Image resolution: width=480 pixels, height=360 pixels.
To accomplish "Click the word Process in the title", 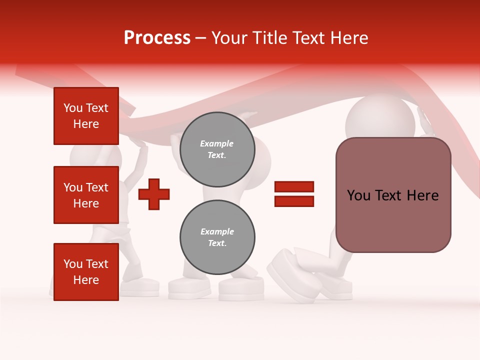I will pyautogui.click(x=157, y=38).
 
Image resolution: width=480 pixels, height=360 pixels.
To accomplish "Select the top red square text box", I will pyautogui.click(x=86, y=116).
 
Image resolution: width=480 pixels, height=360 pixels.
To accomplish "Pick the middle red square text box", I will pyautogui.click(x=86, y=195).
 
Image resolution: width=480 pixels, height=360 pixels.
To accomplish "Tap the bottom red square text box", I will pyautogui.click(x=86, y=271).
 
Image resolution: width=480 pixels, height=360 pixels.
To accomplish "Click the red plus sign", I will pyautogui.click(x=153, y=193).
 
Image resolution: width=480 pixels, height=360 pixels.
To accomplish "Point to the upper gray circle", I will pyautogui.click(x=217, y=149).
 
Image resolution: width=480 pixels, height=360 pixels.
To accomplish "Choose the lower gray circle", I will pyautogui.click(x=217, y=237).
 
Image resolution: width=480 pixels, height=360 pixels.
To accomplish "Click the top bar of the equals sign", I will pyautogui.click(x=294, y=187).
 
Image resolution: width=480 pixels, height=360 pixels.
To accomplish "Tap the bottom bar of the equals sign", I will pyautogui.click(x=294, y=201).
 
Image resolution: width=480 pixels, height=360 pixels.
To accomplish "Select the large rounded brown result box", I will pyautogui.click(x=393, y=195).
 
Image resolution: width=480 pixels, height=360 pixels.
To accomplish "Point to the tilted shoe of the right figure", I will pyautogui.click(x=290, y=275).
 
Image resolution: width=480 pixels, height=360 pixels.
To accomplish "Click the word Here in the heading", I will pyautogui.click(x=348, y=38).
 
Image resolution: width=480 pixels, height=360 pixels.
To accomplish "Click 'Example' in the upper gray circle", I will pyautogui.click(x=217, y=143).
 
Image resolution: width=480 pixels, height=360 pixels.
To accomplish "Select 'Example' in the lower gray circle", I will pyautogui.click(x=217, y=231).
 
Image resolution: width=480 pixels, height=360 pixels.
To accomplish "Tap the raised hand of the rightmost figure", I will pyautogui.click(x=425, y=123).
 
